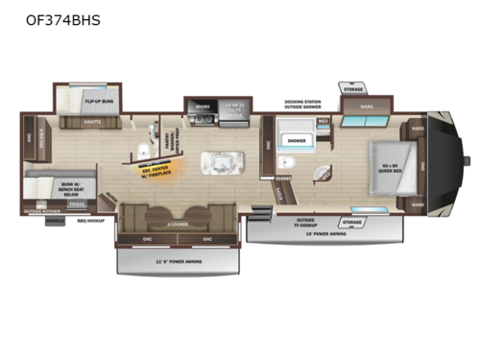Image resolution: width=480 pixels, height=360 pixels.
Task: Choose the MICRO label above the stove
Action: [x=203, y=106]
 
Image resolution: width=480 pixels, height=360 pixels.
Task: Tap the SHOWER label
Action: [x=297, y=140]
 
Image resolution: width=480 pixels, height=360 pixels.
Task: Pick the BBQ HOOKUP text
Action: [x=89, y=218]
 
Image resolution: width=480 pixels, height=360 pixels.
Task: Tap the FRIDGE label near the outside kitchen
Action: [x=76, y=204]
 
